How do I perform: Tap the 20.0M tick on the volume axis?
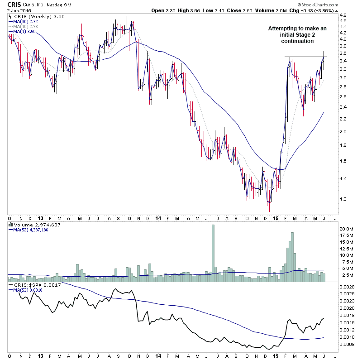(x=346, y=229)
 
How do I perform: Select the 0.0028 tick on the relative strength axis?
(x=348, y=287)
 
